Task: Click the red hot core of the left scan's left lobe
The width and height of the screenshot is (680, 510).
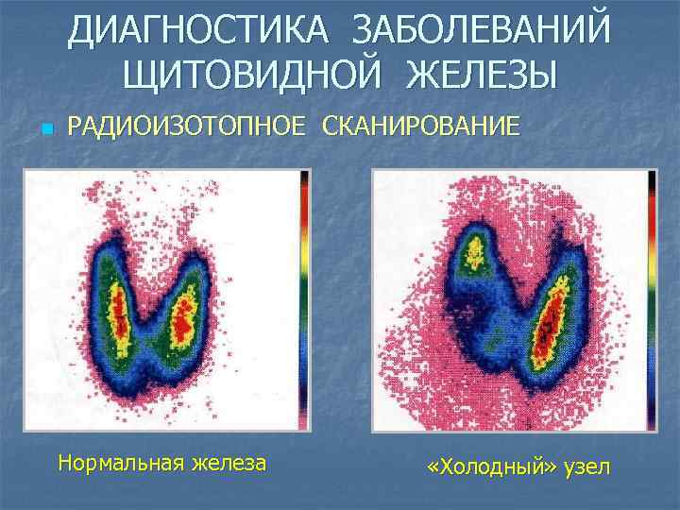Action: [x=119, y=316]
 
